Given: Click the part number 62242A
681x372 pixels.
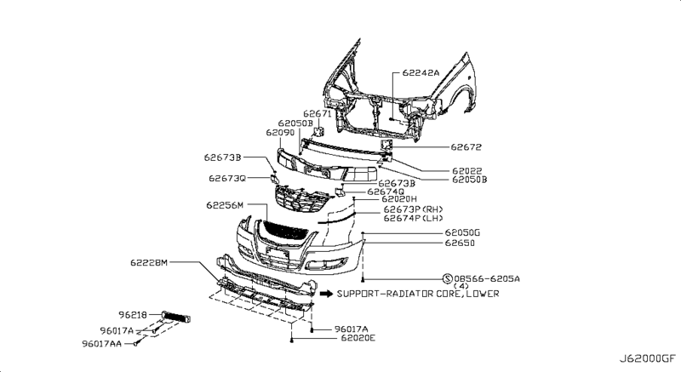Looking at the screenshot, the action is pos(421,73).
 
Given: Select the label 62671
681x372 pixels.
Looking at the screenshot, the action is pos(317,114).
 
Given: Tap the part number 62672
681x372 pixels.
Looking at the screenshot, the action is pos(466,147).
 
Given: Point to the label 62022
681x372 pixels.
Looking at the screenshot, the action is pos(466,171).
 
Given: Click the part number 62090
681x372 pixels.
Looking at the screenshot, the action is pos(280,133).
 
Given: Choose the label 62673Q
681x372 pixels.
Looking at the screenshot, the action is pos(227,179).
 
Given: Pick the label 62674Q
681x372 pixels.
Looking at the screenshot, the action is pos(386,192).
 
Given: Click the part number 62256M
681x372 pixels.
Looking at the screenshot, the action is pos(225,205).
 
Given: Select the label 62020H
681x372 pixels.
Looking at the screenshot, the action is pos(399,199).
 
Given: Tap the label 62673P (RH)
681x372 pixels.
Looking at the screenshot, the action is pos(413,209).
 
